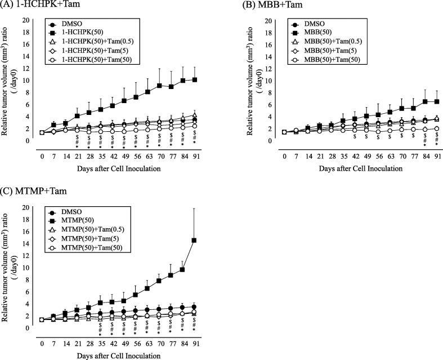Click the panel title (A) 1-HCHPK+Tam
click(x=34, y=5)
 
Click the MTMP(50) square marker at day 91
click(x=194, y=241)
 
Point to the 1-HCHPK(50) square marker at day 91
click(x=194, y=80)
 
